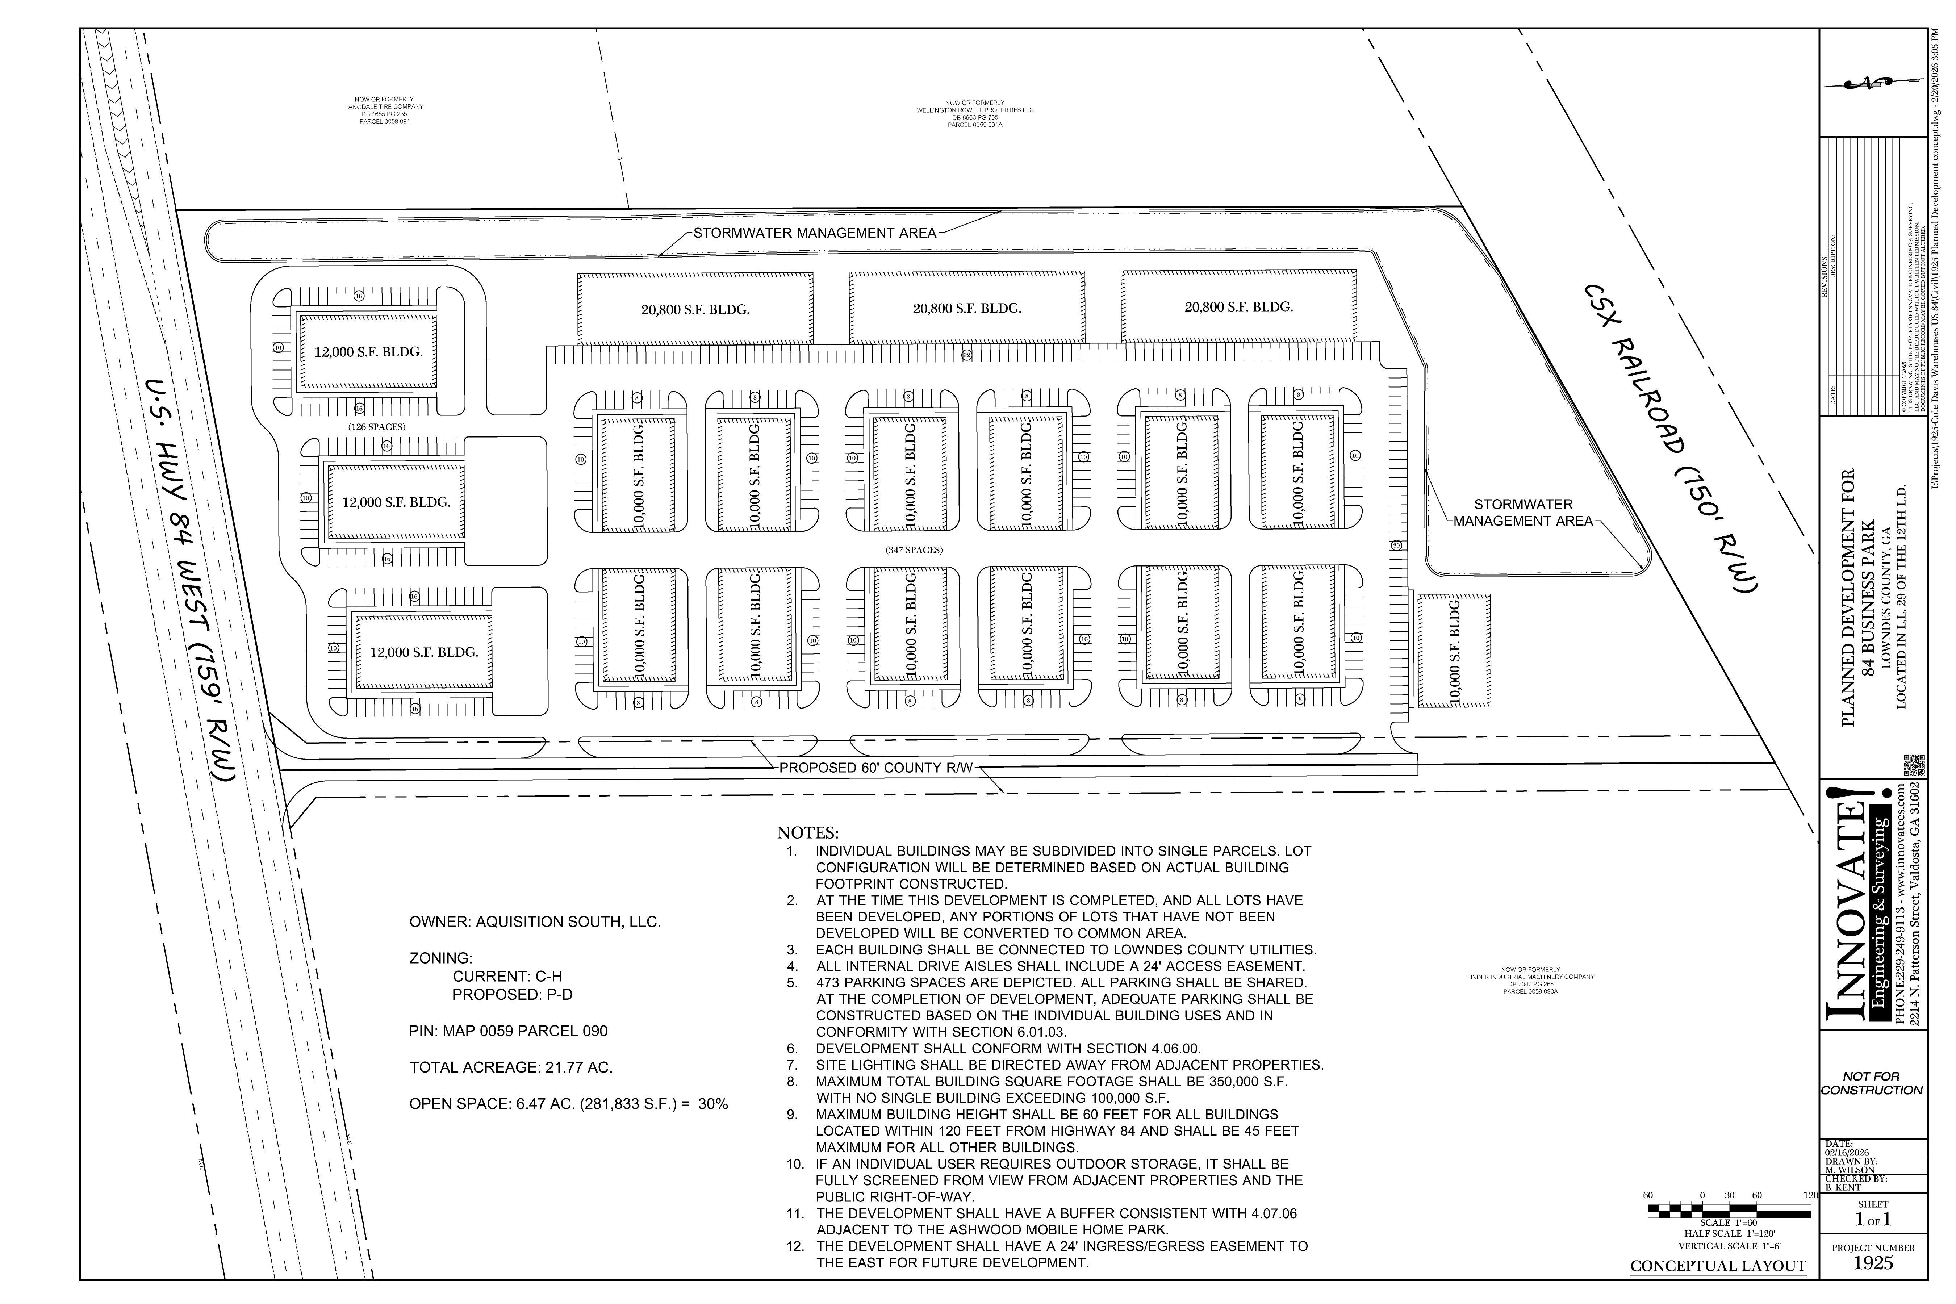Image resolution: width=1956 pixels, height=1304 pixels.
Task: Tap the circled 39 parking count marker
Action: (x=1396, y=546)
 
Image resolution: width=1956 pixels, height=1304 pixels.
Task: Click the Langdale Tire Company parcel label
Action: (x=384, y=110)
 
